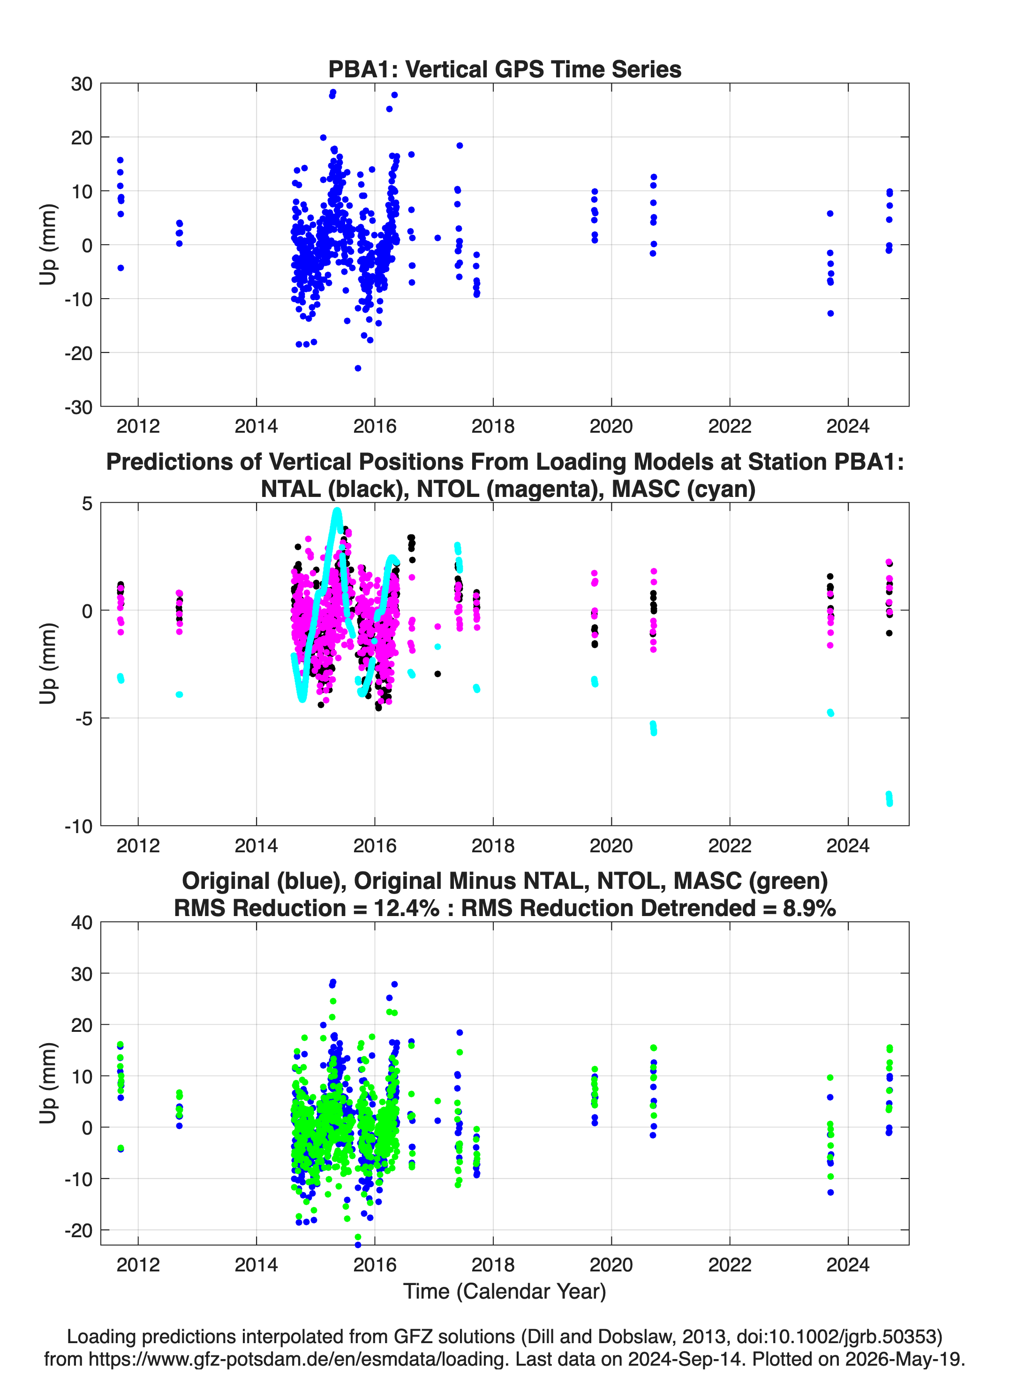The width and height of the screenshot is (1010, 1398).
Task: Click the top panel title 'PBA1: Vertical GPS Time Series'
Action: click(x=505, y=69)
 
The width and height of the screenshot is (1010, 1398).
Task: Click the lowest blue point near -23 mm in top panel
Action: click(x=358, y=368)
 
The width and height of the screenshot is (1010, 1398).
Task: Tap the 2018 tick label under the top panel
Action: click(x=493, y=426)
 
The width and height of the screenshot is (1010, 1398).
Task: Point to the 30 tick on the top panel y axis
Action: click(x=82, y=84)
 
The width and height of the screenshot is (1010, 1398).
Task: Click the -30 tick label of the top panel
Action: click(x=78, y=407)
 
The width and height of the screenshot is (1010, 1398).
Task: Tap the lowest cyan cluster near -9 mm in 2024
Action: click(x=889, y=799)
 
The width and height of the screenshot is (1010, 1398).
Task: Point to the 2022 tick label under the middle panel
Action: click(x=730, y=845)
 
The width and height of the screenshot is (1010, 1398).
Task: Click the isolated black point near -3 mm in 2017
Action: click(x=437, y=674)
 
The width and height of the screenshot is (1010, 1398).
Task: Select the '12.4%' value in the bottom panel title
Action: click(x=407, y=908)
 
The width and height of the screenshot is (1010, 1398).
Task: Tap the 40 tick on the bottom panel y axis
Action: click(x=82, y=922)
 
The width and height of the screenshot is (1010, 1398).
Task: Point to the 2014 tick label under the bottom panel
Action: click(x=256, y=1264)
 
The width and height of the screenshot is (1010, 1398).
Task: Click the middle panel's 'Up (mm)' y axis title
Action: click(x=48, y=663)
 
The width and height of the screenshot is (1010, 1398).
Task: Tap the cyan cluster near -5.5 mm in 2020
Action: click(x=653, y=728)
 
